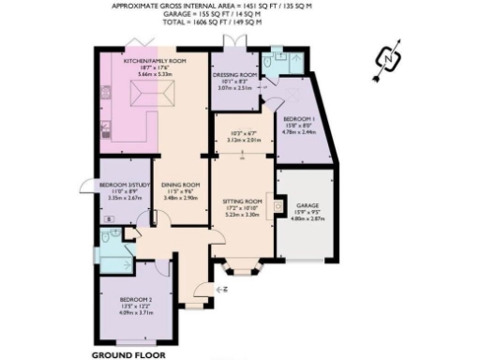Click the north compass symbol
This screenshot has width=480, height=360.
tap(389, 58)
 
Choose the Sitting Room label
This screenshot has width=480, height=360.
tap(244, 202)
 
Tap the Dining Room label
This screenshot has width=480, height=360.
tap(180, 185)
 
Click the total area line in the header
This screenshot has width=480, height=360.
tap(239, 21)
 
